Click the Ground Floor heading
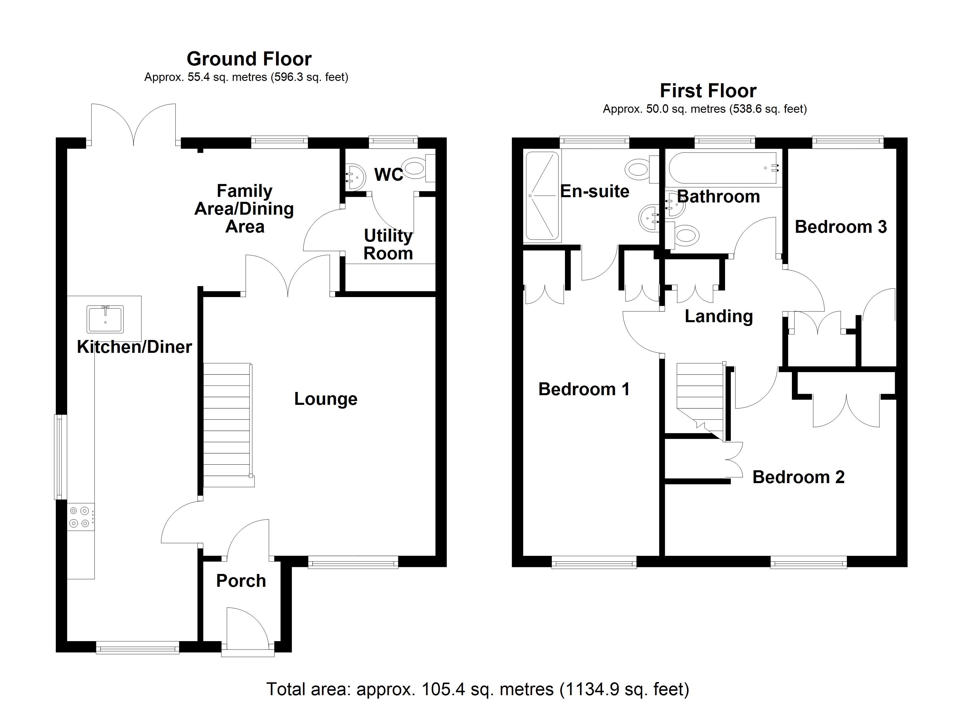pyautogui.click(x=249, y=59)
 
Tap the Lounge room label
pyautogui.click(x=326, y=399)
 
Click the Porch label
pyautogui.click(x=241, y=581)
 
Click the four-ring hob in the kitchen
pyautogui.click(x=81, y=517)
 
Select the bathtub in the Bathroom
pyautogui.click(x=723, y=168)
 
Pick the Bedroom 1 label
pyautogui.click(x=584, y=389)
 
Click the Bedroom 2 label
pyautogui.click(x=798, y=477)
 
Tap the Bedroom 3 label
pyautogui.click(x=841, y=227)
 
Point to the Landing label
pyautogui.click(x=719, y=317)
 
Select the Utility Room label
pyautogui.click(x=388, y=244)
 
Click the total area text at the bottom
pyautogui.click(x=478, y=689)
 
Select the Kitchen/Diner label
pyautogui.click(x=134, y=347)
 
